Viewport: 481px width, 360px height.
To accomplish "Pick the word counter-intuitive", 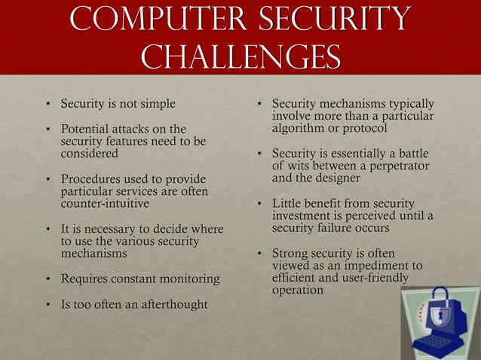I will click(105, 203).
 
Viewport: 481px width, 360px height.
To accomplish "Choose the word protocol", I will click(365, 128).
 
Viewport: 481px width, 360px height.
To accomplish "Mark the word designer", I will click(332, 178).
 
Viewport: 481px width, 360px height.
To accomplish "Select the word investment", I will click(304, 216).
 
